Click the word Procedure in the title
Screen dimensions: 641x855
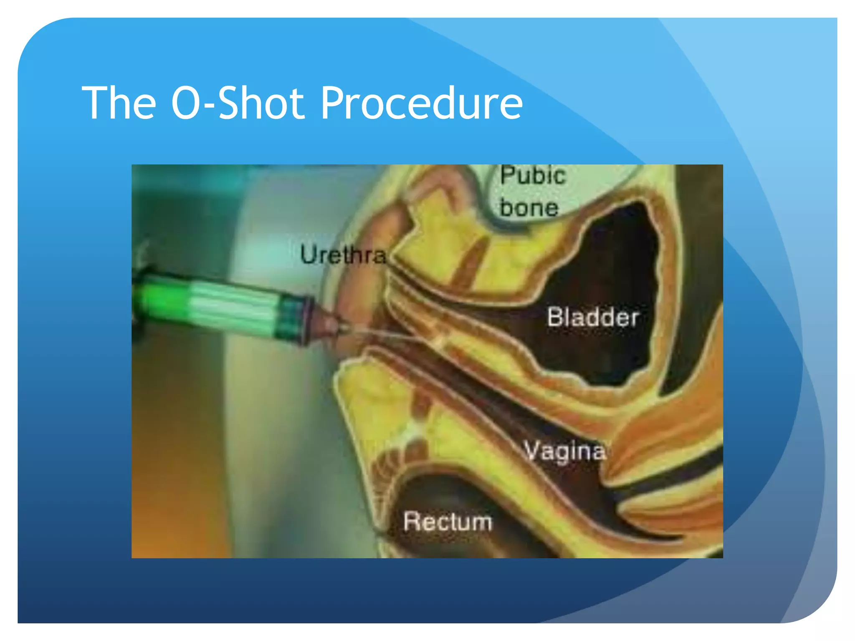click(422, 103)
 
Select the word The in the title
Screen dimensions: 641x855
click(119, 103)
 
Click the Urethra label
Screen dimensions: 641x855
click(343, 255)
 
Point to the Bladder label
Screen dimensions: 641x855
click(593, 318)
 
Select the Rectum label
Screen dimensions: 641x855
click(448, 522)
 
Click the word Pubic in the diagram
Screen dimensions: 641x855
click(533, 175)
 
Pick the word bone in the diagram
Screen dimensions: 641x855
click(529, 208)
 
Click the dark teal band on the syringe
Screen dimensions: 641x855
click(290, 319)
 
